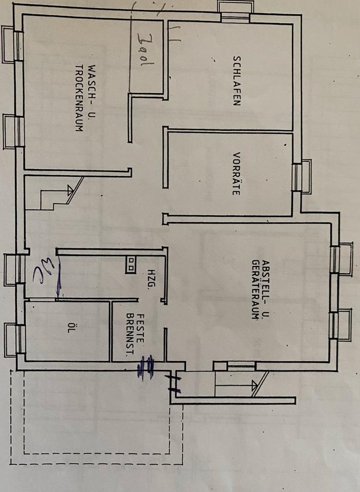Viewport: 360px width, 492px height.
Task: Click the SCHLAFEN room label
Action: [x=237, y=80]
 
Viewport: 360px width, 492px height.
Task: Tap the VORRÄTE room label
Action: [x=236, y=174]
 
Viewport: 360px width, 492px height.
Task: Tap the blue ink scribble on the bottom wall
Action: [x=147, y=367]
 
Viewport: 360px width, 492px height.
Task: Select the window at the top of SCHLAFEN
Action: [x=235, y=11]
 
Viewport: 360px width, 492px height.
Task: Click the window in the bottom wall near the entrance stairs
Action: [x=235, y=365]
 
